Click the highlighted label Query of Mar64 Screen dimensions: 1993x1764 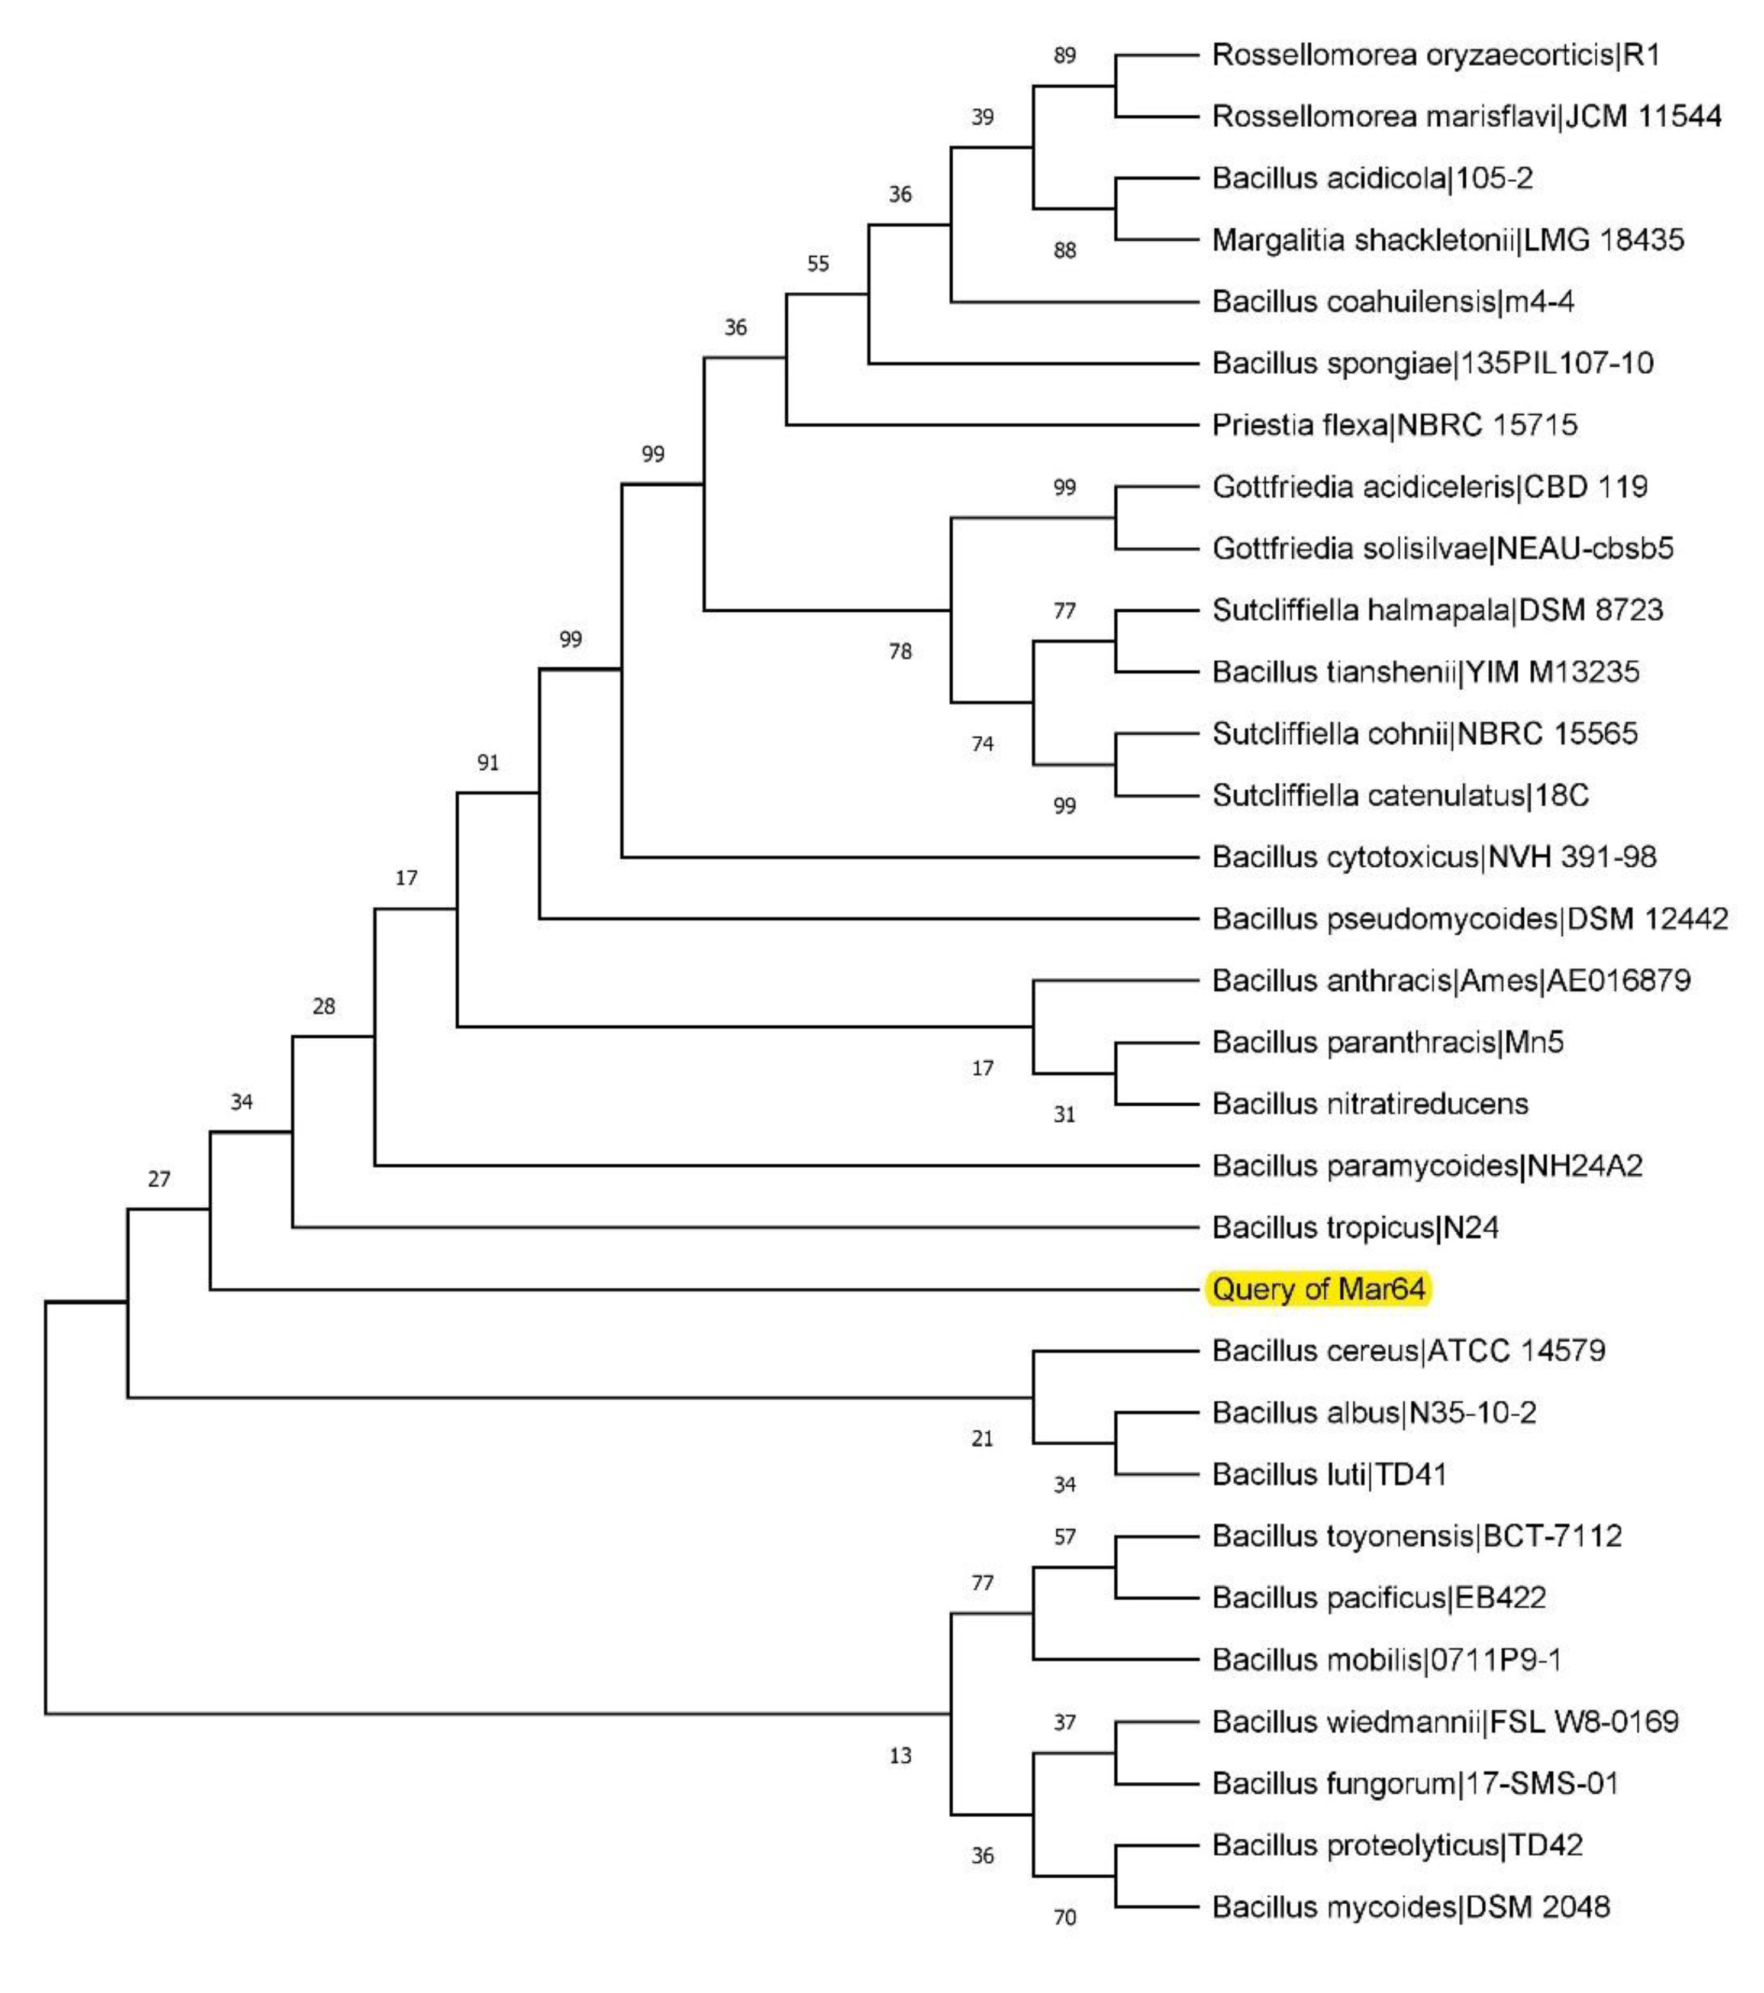click(1318, 1289)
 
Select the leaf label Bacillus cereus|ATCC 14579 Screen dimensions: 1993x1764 click(1408, 1351)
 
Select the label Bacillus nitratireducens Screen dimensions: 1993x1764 click(1370, 1104)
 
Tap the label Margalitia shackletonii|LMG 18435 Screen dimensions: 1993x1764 click(1448, 240)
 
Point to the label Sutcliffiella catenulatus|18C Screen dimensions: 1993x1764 click(1400, 796)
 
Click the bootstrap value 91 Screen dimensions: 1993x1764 click(488, 763)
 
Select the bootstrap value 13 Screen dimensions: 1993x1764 click(900, 1756)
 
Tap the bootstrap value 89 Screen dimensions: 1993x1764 click(1064, 56)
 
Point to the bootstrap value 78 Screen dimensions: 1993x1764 click(900, 651)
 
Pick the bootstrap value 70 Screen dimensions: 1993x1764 click(1064, 1918)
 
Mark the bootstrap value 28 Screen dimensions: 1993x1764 click(324, 1006)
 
